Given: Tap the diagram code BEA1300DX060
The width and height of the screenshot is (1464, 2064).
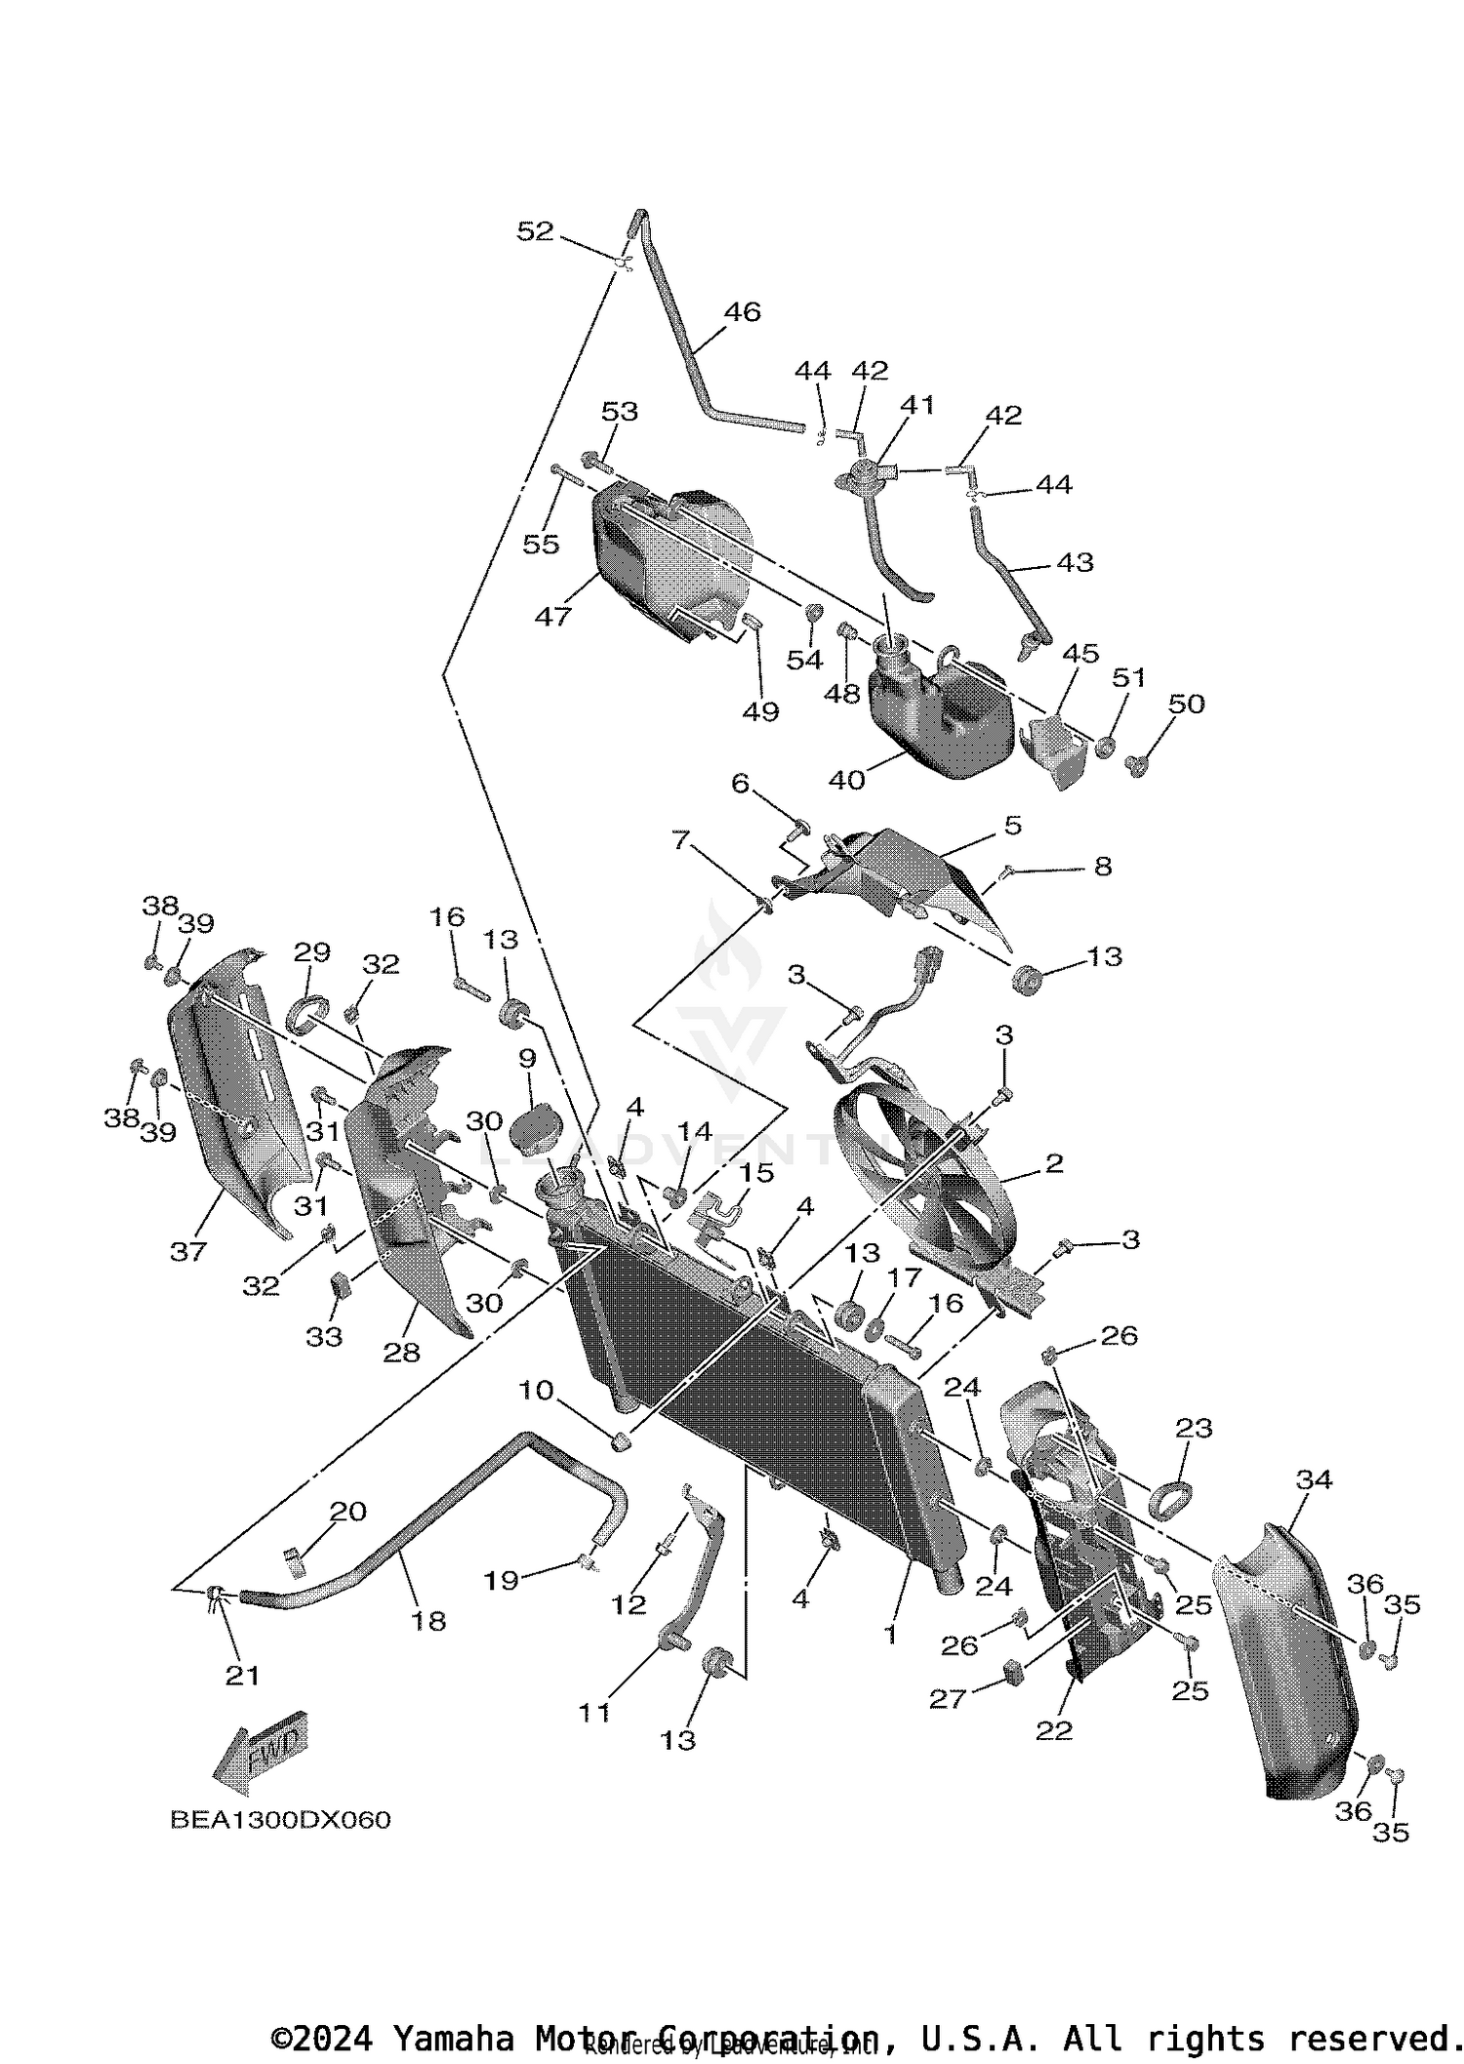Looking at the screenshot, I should pyautogui.click(x=280, y=1820).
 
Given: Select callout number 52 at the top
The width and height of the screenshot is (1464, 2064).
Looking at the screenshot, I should pyautogui.click(x=536, y=231).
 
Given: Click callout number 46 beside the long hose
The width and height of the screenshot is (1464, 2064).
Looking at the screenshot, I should pyautogui.click(x=742, y=312).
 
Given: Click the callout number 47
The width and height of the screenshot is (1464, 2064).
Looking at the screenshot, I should pyautogui.click(x=553, y=616).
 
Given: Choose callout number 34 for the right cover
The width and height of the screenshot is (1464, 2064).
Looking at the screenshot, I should pyautogui.click(x=1314, y=1479).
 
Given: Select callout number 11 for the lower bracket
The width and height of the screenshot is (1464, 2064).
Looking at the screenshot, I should pyautogui.click(x=594, y=1712).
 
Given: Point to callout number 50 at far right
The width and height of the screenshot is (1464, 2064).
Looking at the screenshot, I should pyautogui.click(x=1186, y=704).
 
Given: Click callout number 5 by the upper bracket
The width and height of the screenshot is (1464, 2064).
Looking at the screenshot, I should pyautogui.click(x=1013, y=826).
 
